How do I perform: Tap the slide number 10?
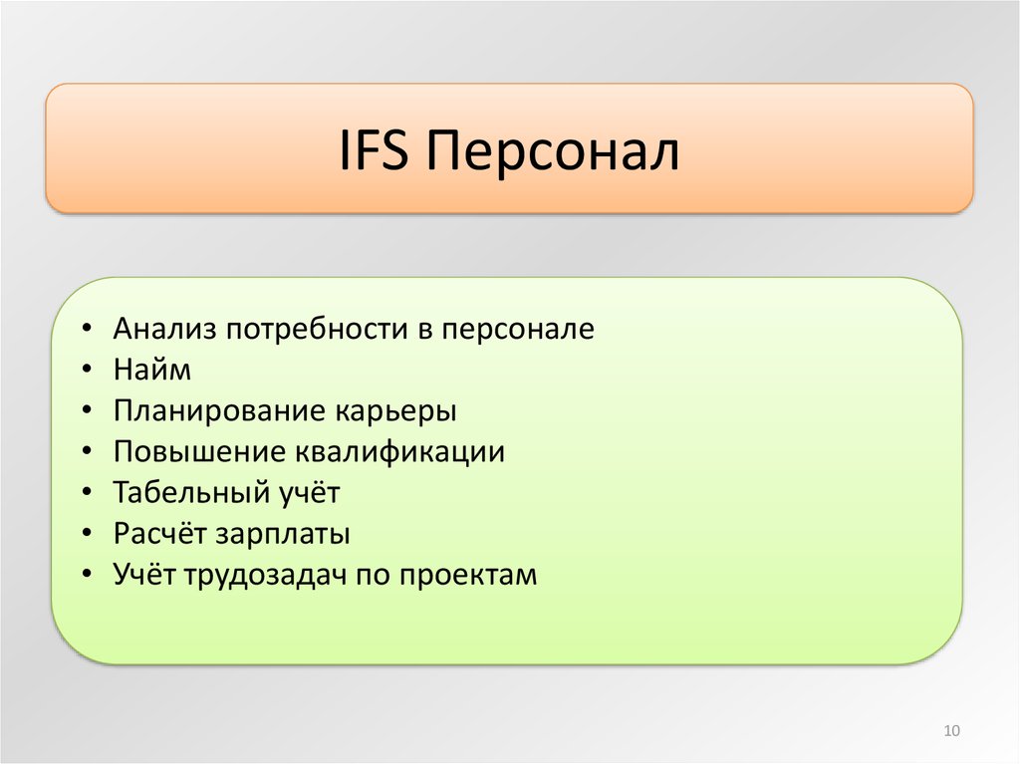951,731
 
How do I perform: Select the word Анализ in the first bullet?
164,329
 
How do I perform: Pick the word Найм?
152,370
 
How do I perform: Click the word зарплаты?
282,535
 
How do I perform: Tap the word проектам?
468,576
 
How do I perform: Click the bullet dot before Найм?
88,370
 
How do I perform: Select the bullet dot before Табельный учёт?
88,492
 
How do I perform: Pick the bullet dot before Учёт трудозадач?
88,574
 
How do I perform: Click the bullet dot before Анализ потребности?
88,329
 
